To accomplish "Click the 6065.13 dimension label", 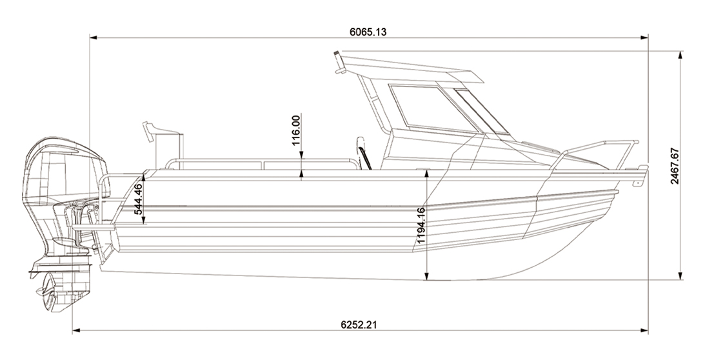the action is point(368,32).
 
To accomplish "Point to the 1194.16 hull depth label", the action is point(421,225).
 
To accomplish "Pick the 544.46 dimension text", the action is point(139,199).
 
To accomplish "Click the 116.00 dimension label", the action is point(296,130).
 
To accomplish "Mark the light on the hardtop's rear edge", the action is point(339,62).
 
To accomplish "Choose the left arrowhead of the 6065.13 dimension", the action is point(94,38).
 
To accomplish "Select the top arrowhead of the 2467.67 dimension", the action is point(680,55).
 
